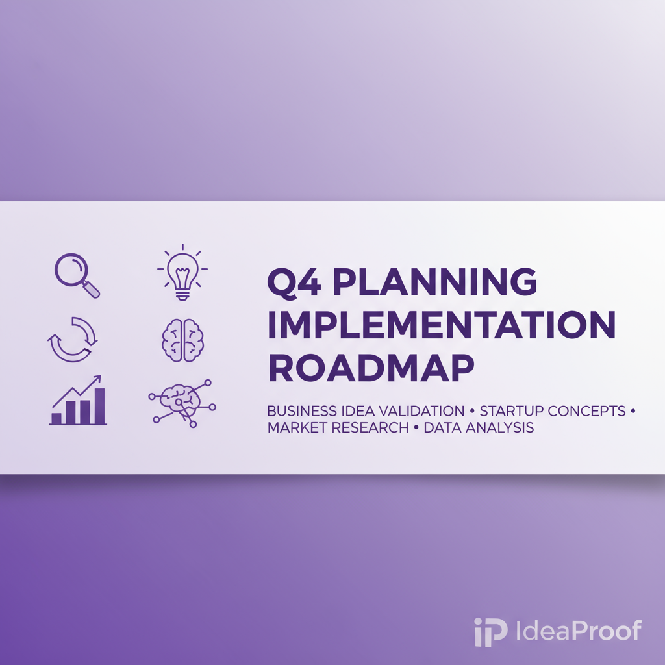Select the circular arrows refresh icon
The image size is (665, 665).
pos(73,338)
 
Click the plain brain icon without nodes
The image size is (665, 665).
pos(182,338)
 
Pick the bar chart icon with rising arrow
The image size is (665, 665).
pos(78,401)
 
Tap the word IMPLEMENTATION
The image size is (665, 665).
pos(441,325)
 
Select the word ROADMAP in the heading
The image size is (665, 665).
pos(371,368)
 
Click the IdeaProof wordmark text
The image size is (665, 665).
pos(578,631)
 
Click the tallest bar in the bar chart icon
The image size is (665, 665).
pos(99,406)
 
